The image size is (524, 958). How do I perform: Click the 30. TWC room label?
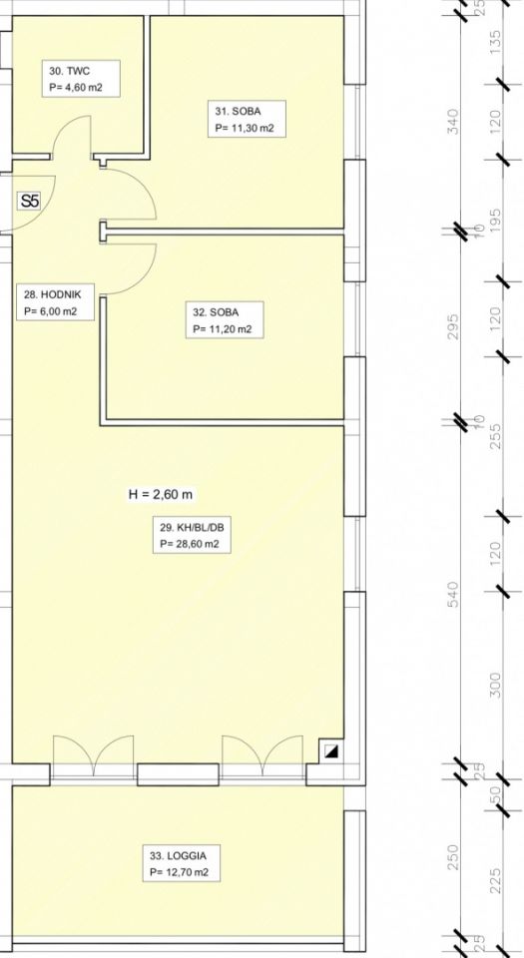[80, 79]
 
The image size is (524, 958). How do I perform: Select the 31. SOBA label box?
[247, 119]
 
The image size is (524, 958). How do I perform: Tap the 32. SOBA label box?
[225, 320]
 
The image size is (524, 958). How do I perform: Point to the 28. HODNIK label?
[56, 302]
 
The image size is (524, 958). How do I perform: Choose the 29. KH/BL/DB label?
[192, 535]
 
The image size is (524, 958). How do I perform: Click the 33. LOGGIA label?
[181, 862]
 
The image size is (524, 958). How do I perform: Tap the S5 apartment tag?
[29, 201]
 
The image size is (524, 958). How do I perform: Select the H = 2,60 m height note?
[160, 494]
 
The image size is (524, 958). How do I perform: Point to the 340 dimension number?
[453, 121]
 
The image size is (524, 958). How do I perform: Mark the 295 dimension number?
[453, 326]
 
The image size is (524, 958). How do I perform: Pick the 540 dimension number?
[453, 594]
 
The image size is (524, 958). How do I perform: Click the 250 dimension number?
[453, 857]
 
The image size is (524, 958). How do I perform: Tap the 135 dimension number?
[495, 43]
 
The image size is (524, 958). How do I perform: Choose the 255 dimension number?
[495, 436]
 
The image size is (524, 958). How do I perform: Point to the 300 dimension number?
[495, 685]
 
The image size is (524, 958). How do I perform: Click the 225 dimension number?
[495, 880]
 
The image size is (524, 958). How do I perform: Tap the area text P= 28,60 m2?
[190, 543]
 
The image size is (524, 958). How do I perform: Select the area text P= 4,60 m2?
[76, 88]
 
